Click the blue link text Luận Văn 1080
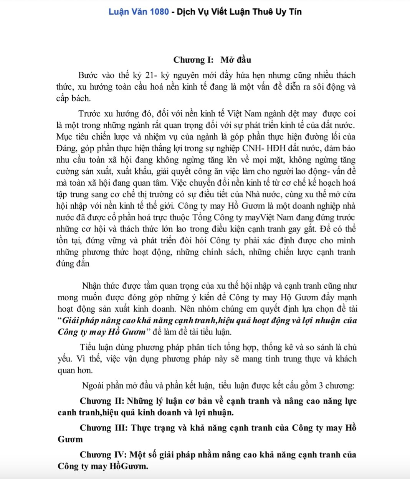pyautogui.click(x=139, y=12)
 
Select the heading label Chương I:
pyautogui.click(x=193, y=60)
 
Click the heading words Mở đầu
pyautogui.click(x=236, y=60)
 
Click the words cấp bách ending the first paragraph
pyautogui.click(x=73, y=98)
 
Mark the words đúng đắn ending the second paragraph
pyautogui.click(x=73, y=264)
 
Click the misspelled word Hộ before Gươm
pyautogui.click(x=286, y=298)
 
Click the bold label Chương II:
pyautogui.click(x=102, y=401)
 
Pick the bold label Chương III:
pyautogui.click(x=104, y=428)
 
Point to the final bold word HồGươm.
pyautogui.click(x=129, y=467)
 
